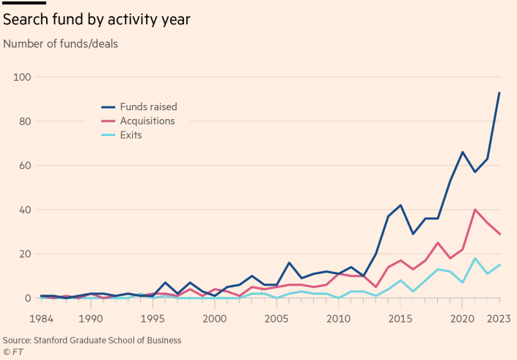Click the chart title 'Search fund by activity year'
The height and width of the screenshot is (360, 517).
point(97,19)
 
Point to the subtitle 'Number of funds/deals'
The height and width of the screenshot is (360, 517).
point(61,43)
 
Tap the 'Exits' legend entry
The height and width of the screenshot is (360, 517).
point(131,135)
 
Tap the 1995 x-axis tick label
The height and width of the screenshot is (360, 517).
point(153,318)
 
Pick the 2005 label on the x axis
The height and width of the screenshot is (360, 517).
point(276,318)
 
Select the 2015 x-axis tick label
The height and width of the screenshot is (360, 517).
point(400,318)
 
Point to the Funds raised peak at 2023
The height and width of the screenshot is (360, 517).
point(499,93)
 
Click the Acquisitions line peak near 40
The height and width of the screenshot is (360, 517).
point(474,210)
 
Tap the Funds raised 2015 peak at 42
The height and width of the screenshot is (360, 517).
point(400,205)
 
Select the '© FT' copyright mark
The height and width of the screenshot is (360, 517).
point(13,351)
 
